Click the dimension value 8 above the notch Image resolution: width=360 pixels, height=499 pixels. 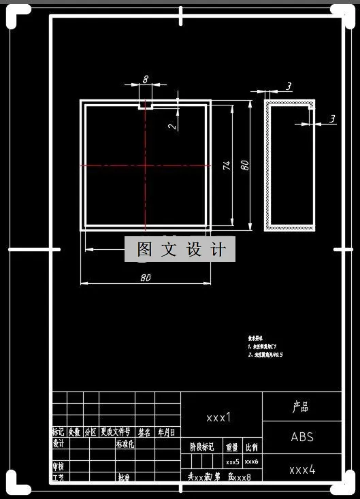(145, 79)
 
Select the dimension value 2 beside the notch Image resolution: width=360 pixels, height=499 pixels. (172, 125)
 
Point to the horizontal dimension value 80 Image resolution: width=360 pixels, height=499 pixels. (145, 278)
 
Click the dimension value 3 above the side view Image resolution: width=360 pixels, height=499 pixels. (289, 86)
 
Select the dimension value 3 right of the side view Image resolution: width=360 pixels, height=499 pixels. (332, 118)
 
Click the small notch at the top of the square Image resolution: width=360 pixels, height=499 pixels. (145, 106)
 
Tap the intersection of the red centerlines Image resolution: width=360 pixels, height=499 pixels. (145, 165)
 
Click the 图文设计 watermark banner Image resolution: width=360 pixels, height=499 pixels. (180, 250)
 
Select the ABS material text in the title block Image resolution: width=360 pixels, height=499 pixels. (302, 437)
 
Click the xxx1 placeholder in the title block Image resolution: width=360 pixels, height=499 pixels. (219, 417)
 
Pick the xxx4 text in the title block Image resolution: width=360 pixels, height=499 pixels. (302, 470)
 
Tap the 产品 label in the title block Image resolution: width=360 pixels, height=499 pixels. (301, 407)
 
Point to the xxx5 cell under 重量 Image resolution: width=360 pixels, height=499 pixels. (233, 462)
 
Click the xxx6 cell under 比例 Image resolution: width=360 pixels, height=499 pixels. (252, 462)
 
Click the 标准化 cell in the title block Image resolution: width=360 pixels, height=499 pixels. (125, 444)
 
